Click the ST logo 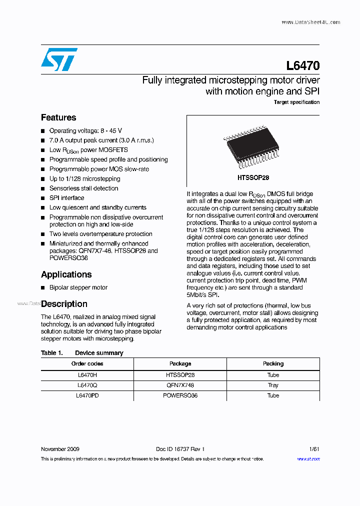point(59,59)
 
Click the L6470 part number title point(302,66)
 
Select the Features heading point(58,117)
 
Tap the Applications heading point(66,274)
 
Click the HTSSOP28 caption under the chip point(253,177)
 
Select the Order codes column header point(87,363)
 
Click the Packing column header point(273,363)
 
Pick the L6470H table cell point(87,374)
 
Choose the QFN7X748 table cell point(180,385)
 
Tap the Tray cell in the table point(273,385)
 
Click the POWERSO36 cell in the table point(180,395)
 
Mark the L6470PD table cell point(87,395)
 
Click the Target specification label point(296,102)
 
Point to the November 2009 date point(60,449)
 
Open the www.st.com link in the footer point(308,459)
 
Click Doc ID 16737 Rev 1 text point(180,449)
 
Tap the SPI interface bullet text point(66,198)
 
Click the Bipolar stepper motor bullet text point(78,287)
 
